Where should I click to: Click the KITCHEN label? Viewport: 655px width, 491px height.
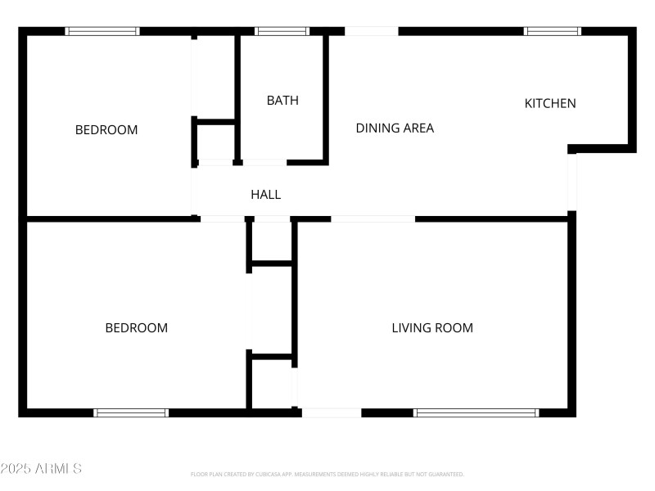click(550, 103)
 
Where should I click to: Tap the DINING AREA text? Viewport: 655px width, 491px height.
click(395, 128)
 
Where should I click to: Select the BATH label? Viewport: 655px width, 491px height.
click(282, 101)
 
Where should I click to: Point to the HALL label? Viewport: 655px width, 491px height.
click(265, 194)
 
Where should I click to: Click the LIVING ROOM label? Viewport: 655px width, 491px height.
click(432, 328)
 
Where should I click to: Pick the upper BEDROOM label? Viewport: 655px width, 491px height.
click(106, 129)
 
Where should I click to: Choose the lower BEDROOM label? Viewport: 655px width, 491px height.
click(136, 328)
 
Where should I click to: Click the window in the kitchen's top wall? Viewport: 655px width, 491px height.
click(553, 31)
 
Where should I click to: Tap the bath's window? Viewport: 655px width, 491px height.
click(282, 31)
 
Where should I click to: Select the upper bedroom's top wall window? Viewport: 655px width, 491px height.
click(102, 31)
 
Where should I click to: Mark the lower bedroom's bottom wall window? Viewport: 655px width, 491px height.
click(131, 413)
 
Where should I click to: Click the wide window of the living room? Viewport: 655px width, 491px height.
click(477, 413)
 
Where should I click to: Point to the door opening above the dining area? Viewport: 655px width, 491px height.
click(371, 31)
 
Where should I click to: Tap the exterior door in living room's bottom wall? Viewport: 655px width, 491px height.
click(331, 413)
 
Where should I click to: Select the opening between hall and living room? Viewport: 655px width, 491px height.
click(373, 219)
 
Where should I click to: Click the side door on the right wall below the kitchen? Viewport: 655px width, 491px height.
click(572, 181)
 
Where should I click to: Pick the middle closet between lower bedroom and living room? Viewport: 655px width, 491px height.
click(272, 310)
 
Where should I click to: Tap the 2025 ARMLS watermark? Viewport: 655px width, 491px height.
click(41, 469)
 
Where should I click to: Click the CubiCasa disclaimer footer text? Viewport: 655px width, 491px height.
click(327, 474)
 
